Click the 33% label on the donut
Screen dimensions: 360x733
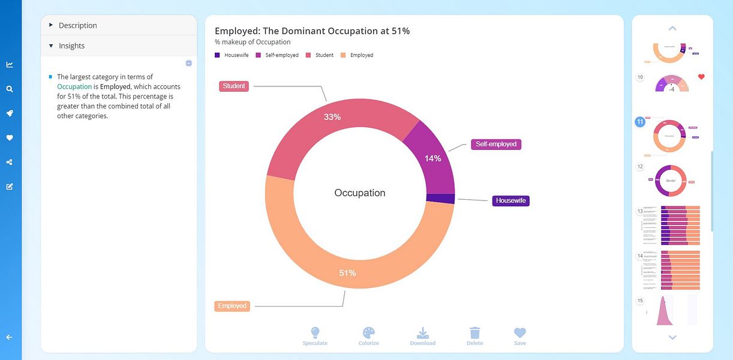[x=332, y=117]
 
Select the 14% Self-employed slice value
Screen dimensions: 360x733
[x=433, y=158]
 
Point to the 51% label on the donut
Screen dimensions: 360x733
[x=347, y=273]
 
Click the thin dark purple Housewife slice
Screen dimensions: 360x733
[x=440, y=199]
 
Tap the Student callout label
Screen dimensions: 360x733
[x=234, y=86]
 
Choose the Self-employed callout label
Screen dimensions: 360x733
[x=496, y=145]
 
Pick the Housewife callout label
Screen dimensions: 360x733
[x=510, y=201]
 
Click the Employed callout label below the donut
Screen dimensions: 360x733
[x=232, y=306]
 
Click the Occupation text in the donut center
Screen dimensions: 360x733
[x=360, y=193]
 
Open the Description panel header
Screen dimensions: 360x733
[x=77, y=25]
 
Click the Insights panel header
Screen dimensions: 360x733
[x=71, y=46]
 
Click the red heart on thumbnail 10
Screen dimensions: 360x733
[x=701, y=77]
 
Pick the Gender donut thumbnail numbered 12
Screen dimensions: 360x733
[x=671, y=181]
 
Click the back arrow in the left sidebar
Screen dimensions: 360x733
[x=10, y=337]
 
